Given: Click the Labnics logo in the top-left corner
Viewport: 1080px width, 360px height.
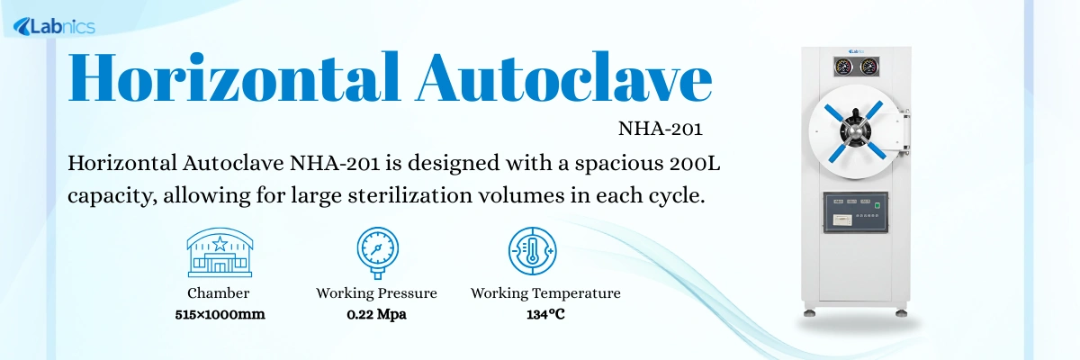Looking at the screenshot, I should pos(54,27).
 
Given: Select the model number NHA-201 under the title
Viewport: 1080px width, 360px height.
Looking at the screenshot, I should pos(660,128).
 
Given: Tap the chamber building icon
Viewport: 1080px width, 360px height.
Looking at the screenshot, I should pos(219,252).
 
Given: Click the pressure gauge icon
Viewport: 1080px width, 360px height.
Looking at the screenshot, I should pos(376,252).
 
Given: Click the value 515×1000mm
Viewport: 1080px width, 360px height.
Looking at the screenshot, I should pos(220,314).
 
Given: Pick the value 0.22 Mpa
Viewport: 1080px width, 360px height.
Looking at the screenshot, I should pos(376,314).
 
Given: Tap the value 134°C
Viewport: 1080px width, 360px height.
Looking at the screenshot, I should pos(545,314).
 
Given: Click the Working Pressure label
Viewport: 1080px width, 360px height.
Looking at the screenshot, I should pos(376,293).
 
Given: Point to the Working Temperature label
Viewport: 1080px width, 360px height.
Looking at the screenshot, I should pos(545,293).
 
